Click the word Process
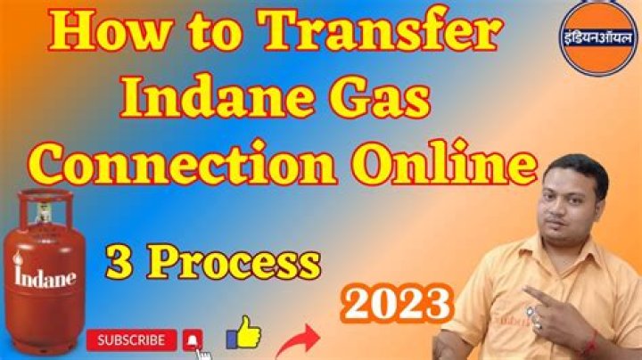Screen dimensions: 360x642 235,263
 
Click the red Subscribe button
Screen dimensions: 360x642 131,340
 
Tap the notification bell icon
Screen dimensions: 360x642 193,340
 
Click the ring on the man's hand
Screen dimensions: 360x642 540,323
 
